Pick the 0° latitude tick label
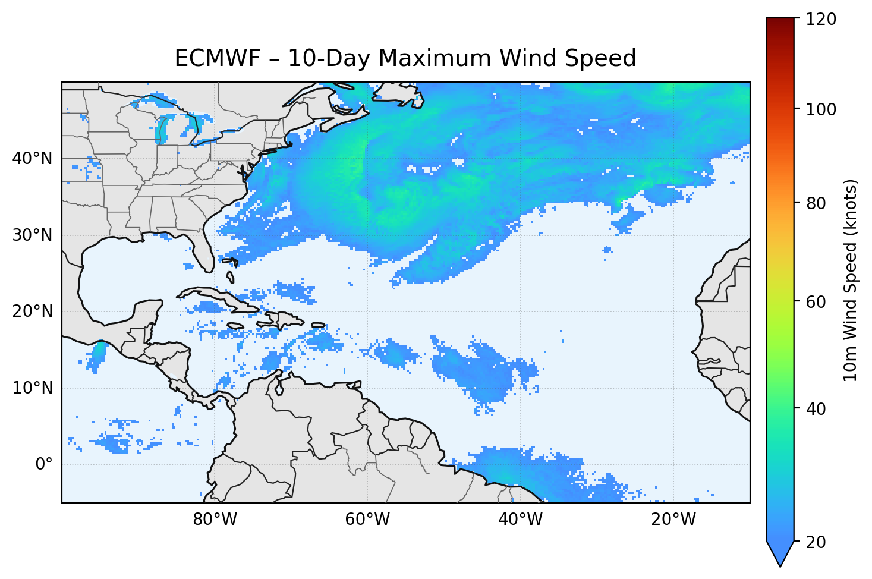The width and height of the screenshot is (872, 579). pos(44,464)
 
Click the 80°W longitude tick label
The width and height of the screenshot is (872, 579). pos(215,520)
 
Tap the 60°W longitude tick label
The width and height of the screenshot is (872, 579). pos(367,520)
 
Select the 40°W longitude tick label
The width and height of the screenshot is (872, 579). pos(520,520)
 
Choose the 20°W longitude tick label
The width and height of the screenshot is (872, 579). pos(673,520)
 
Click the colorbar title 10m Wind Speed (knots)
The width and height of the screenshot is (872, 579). pos(851,280)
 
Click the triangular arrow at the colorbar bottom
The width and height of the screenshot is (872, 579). pos(780,553)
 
